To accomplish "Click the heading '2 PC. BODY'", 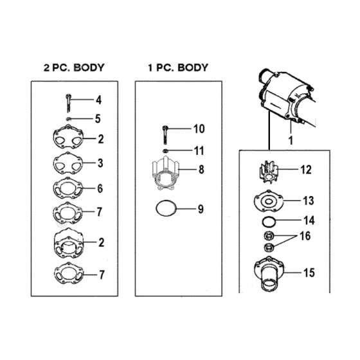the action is [74, 67].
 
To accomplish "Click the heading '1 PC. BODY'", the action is [178, 67].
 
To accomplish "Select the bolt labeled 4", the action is [68, 103].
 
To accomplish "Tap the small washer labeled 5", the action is [68, 119].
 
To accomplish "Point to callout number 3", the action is [100, 163].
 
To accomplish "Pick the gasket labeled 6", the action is [67, 188].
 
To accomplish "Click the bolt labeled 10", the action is [165, 134].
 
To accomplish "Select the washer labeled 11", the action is [165, 151].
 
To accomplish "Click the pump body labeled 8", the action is [166, 174].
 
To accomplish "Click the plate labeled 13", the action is [269, 201].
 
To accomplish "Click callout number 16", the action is [305, 236].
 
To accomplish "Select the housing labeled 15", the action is [269, 274].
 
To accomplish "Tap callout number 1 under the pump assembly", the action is [291, 140].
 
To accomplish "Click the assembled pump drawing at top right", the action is [287, 96].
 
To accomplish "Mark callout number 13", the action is [309, 201].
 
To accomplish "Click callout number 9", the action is [201, 209].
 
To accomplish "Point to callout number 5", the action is [98, 119].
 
